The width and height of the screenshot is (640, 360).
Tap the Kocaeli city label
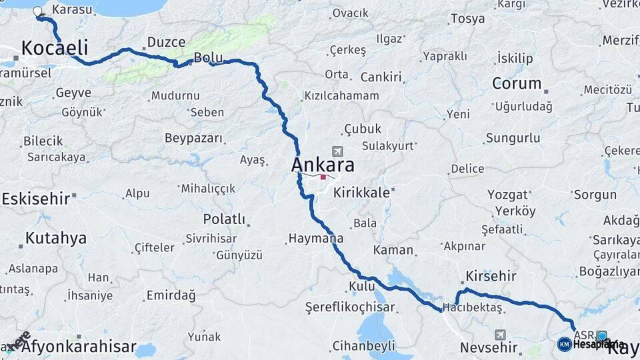pos(55,47)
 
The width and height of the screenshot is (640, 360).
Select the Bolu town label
pos(207,57)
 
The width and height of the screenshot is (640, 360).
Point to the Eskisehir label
pos(35,199)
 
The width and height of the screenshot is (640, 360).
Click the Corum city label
pos(517,84)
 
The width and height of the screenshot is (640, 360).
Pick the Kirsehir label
pos(491,276)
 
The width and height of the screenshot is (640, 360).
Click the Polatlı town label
pos(225,219)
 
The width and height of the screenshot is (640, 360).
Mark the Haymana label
pos(316,238)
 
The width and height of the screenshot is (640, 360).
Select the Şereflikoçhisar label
pos(350,307)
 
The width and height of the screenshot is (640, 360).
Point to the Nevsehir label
pos(489,347)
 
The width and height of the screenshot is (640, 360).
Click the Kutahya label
pos(56,238)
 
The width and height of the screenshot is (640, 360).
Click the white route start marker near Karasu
pos(37,11)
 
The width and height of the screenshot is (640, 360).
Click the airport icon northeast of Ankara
pos(337,152)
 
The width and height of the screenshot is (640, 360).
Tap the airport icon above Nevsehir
pos(500,335)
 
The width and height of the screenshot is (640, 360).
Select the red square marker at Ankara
pos(323,177)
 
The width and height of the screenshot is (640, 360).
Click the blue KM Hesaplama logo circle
pos(564,344)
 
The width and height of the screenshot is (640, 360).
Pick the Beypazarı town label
pos(193,138)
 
